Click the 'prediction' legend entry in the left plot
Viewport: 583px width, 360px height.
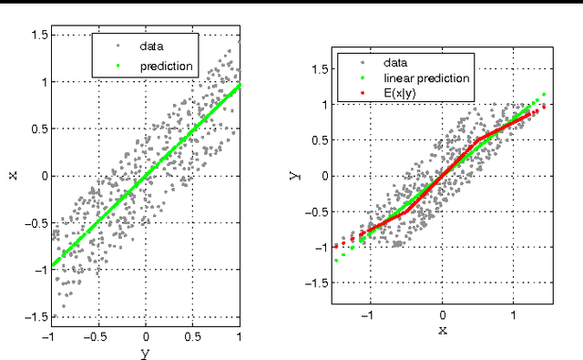click(166, 67)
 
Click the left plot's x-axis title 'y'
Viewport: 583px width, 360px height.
click(145, 353)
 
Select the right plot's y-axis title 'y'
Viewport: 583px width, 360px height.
click(294, 173)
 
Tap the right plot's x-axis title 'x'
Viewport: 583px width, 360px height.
click(443, 331)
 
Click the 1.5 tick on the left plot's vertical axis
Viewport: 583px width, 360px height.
click(38, 35)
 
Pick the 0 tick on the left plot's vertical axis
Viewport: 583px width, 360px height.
click(43, 176)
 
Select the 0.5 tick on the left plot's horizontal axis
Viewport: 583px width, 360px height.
click(192, 335)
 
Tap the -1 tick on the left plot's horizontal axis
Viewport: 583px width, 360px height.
click(48, 335)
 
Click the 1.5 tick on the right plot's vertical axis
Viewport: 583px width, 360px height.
click(318, 68)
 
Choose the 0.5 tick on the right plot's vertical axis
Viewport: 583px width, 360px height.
click(318, 140)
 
